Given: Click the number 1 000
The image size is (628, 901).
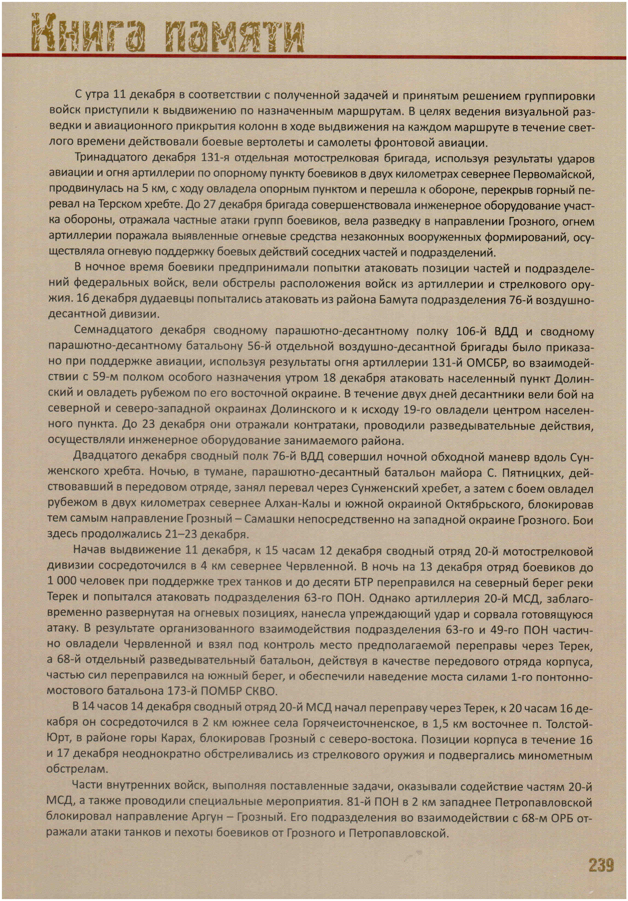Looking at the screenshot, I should pyautogui.click(x=61, y=582).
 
